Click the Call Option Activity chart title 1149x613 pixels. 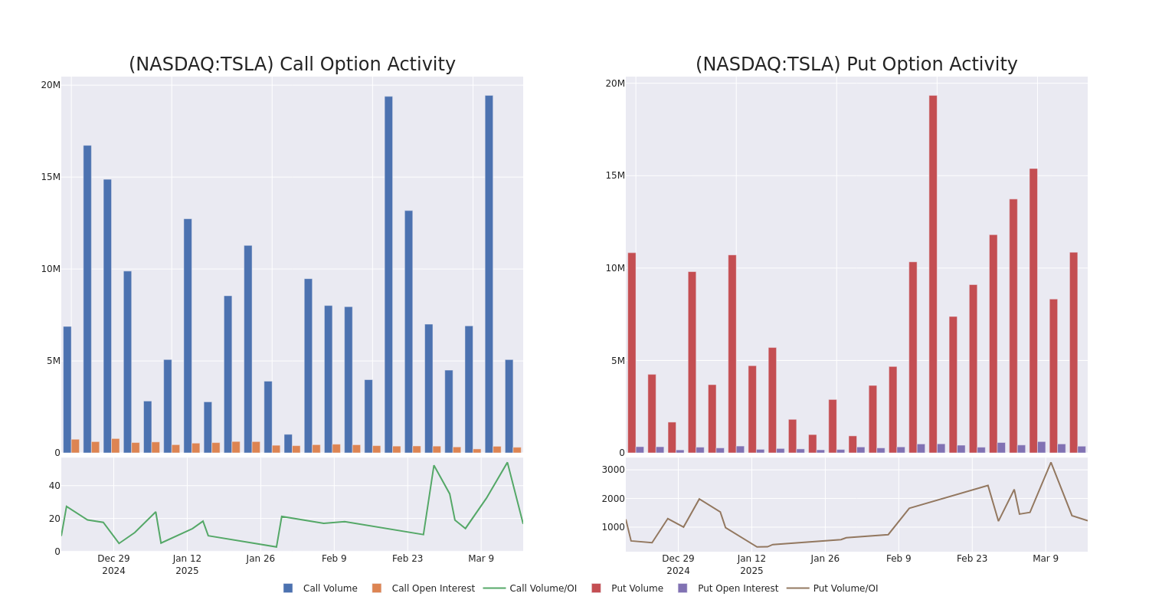click(x=292, y=65)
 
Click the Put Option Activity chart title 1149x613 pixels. click(x=856, y=65)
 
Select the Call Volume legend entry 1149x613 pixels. click(x=320, y=588)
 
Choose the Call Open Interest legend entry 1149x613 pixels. click(x=423, y=588)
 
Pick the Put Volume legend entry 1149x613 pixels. click(x=627, y=588)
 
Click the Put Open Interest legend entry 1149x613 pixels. click(x=728, y=588)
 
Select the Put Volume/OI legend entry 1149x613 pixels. click(x=833, y=588)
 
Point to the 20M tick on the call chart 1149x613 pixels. click(x=51, y=85)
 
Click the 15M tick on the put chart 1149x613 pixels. click(x=615, y=175)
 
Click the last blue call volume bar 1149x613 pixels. click(x=509, y=406)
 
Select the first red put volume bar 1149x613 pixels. click(x=632, y=352)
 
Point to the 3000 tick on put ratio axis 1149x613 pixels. click(x=613, y=470)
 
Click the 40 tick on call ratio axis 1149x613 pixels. click(x=54, y=486)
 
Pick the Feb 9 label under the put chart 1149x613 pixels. click(x=899, y=559)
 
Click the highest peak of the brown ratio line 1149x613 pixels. click(x=1050, y=462)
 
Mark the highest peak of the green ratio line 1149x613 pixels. click(x=507, y=462)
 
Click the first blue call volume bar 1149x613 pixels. click(x=67, y=389)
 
